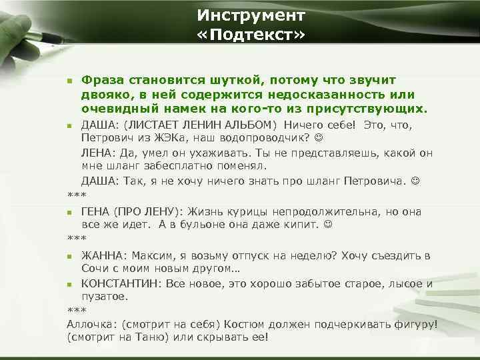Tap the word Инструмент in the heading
[251, 14]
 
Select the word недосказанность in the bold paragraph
[330, 95]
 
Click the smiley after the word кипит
[327, 225]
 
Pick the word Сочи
[95, 268]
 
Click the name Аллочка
[91, 324]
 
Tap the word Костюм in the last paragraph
[245, 324]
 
